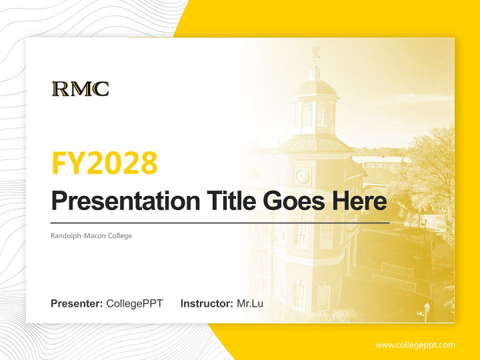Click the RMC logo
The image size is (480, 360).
click(x=80, y=88)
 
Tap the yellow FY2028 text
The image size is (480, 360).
click(x=104, y=162)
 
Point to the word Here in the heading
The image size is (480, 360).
click(x=359, y=201)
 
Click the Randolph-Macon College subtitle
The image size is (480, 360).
click(x=91, y=235)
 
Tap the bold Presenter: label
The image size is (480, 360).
click(x=77, y=303)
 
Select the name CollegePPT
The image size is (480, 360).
click(x=134, y=303)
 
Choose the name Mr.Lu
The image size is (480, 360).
click(x=249, y=303)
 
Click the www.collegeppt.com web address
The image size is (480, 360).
click(x=415, y=345)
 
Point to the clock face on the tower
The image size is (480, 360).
click(x=302, y=175)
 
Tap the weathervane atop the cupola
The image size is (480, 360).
click(x=315, y=52)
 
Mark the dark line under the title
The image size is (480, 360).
click(x=220, y=222)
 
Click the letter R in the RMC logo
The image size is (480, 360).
click(x=60, y=88)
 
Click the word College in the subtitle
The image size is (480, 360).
click(x=120, y=235)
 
